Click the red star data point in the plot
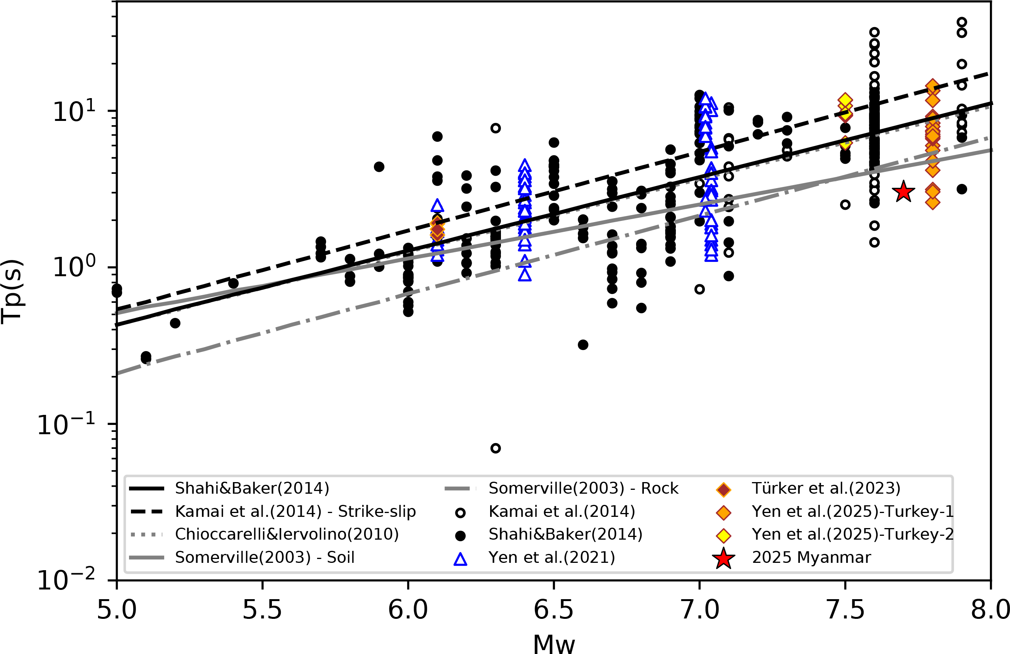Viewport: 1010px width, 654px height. (x=903, y=192)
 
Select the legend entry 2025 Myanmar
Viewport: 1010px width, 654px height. (x=811, y=557)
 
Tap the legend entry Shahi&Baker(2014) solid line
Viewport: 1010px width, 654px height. (x=252, y=489)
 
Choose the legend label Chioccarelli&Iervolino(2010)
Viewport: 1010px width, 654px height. (x=287, y=534)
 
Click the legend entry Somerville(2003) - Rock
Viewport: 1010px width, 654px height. (x=583, y=489)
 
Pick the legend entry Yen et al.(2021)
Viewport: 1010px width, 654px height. (x=551, y=557)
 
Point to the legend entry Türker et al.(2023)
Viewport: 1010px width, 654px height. (x=826, y=489)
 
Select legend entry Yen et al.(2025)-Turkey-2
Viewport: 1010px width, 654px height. (x=852, y=534)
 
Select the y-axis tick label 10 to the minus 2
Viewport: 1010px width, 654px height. (x=66, y=581)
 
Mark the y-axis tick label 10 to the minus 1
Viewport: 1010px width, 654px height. (x=66, y=425)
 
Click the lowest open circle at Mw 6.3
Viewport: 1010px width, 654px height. (x=495, y=448)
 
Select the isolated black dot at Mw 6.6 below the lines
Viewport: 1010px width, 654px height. (x=583, y=345)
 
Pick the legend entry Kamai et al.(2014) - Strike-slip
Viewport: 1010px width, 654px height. (x=295, y=511)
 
